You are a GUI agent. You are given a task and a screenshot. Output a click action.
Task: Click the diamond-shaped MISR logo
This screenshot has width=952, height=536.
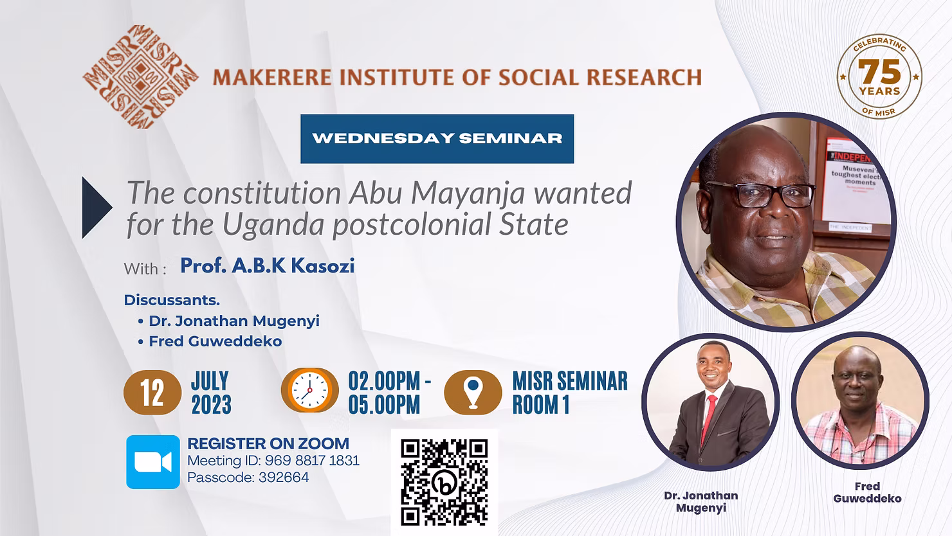coord(140,77)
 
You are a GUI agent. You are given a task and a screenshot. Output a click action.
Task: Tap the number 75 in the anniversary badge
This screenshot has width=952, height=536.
coord(879,72)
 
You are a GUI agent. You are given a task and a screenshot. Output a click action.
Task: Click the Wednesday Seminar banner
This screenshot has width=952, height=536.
coord(437,139)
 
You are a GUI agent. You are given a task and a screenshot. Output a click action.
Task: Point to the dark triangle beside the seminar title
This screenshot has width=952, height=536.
coord(97,207)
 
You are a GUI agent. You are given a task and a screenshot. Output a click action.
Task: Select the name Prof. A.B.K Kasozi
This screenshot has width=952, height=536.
coord(268,265)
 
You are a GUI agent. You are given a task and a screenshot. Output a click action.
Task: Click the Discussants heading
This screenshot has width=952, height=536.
coord(172,300)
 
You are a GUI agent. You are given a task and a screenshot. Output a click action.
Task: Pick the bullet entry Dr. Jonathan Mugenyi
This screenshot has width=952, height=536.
coord(229,321)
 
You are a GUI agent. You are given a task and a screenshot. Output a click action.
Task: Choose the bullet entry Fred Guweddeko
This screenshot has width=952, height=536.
coord(210,341)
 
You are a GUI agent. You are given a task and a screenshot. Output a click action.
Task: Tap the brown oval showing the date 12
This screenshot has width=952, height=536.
coord(152,393)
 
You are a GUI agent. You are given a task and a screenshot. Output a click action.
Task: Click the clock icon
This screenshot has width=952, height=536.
coord(309,390)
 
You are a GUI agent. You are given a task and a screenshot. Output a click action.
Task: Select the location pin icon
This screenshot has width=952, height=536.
coord(473,392)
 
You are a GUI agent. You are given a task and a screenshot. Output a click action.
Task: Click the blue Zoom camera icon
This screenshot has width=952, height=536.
coord(153,461)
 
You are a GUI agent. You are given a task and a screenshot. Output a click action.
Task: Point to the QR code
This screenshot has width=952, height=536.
coord(444,482)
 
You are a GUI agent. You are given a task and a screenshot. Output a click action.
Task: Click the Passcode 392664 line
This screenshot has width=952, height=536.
coord(248,478)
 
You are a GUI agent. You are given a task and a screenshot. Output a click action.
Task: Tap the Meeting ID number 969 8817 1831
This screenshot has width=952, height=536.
coord(312,460)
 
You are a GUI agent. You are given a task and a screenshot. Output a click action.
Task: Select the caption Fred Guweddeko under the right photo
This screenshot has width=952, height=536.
coord(867,492)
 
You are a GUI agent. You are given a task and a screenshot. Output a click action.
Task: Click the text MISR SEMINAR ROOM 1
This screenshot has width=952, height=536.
coord(570,393)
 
